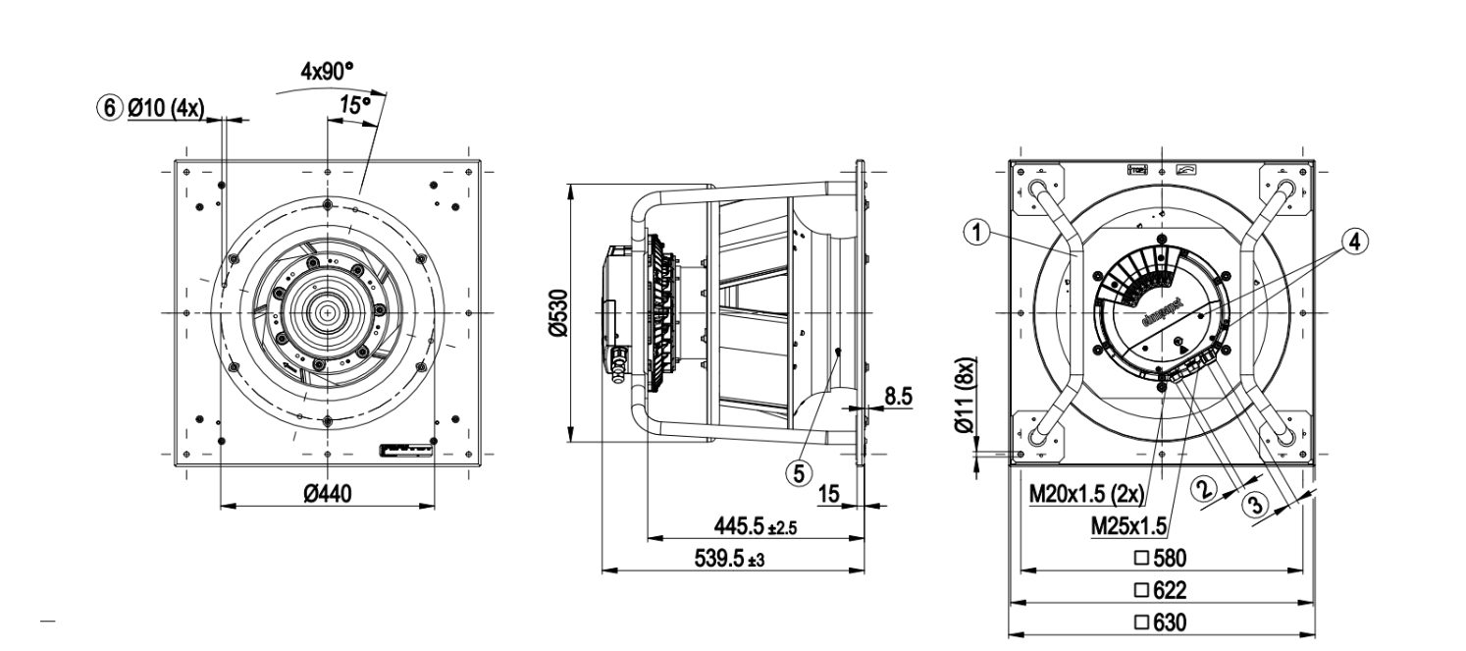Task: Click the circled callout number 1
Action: click(x=973, y=233)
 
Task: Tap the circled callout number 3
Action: click(x=1255, y=505)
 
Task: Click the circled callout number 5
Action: click(x=799, y=472)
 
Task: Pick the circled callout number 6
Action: click(x=109, y=107)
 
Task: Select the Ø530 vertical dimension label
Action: click(x=557, y=313)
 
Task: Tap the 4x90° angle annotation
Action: click(x=327, y=73)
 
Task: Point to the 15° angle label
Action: click(x=354, y=103)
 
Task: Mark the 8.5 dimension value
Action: click(x=899, y=396)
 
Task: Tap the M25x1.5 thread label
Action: click(x=1128, y=526)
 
